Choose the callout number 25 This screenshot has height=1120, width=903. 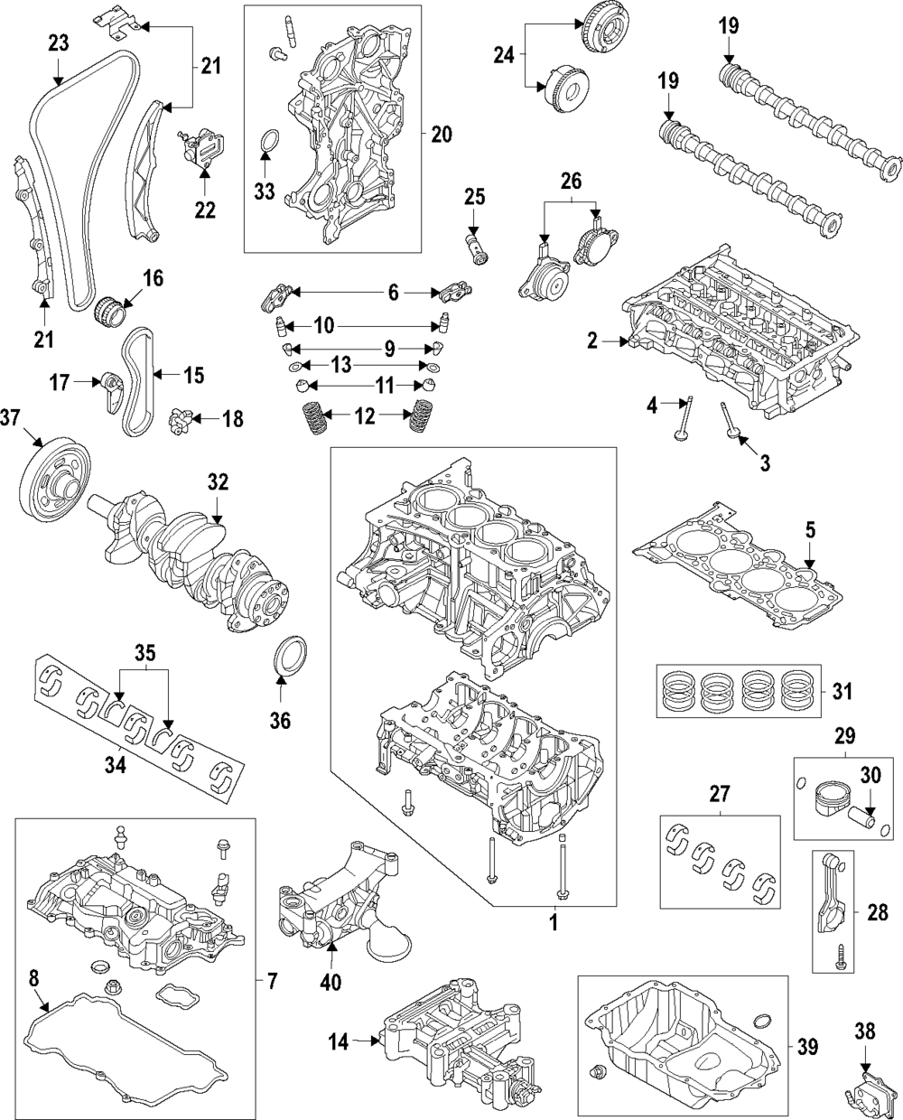click(x=475, y=196)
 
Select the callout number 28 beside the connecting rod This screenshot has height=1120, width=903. click(x=877, y=914)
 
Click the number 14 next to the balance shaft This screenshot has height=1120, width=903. click(x=338, y=1042)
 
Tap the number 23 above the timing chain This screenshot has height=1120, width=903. click(x=58, y=42)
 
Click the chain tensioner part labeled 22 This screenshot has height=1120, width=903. click(x=202, y=148)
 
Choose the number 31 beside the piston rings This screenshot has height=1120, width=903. click(x=841, y=692)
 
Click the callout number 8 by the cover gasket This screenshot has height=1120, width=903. click(x=33, y=975)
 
